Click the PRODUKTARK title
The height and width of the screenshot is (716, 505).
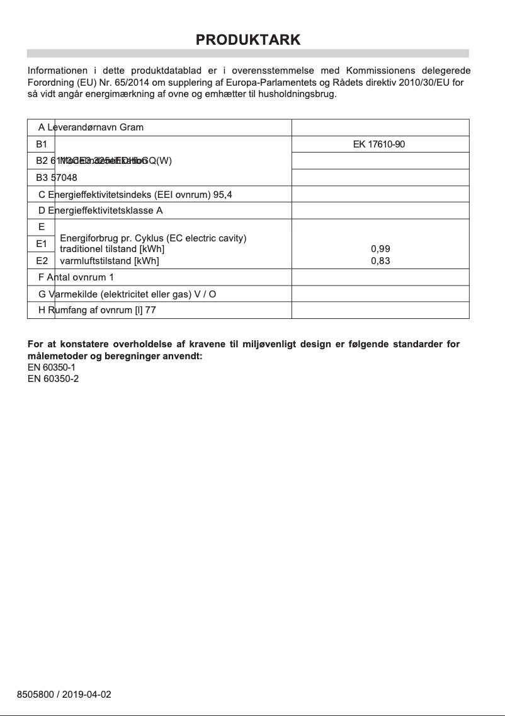coord(248,40)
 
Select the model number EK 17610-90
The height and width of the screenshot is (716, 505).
coord(378,144)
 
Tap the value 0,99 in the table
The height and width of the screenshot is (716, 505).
coord(380,249)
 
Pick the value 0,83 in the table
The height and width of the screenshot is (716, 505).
coord(380,260)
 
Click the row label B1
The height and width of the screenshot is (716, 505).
coord(42,144)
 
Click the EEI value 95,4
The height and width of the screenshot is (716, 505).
coord(223,194)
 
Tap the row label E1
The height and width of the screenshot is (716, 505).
coord(42,243)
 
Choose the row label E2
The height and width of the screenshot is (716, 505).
coord(42,260)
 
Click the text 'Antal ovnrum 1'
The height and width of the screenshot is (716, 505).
coord(80,277)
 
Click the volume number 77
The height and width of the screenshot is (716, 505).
coord(150,310)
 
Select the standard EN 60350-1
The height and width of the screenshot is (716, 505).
coord(53,367)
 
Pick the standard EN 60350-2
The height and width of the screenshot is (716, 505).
coord(53,378)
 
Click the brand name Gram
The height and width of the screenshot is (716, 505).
coord(132,127)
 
